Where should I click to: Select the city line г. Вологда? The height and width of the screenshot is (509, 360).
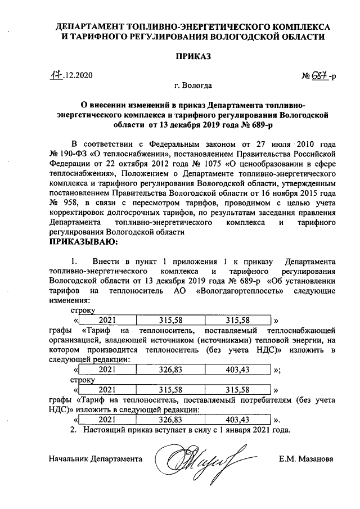193,86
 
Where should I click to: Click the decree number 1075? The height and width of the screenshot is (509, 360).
211,163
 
